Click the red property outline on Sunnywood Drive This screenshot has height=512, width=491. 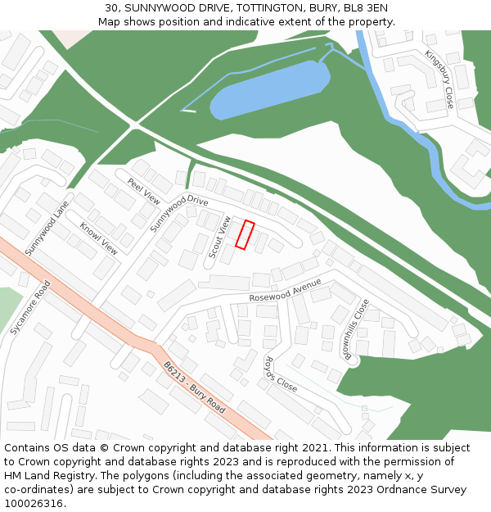pos(245,234)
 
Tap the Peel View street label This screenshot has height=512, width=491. pos(144,190)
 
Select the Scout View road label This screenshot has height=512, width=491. pos(219,238)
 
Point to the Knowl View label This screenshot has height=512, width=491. pos(98,238)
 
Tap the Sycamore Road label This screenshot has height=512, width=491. pos(30,308)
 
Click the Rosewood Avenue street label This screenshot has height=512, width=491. pos(286,290)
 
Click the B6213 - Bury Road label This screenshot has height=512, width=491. pos(193,387)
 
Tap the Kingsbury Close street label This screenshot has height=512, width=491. pos(439,79)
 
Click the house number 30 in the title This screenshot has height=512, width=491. pos(111,7)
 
